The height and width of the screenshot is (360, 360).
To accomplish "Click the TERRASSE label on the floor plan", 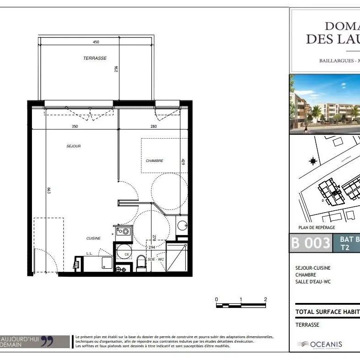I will (x=95, y=58).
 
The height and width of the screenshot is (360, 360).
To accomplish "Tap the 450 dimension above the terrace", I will (x=96, y=42).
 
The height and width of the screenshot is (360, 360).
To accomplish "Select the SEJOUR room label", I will (x=73, y=146).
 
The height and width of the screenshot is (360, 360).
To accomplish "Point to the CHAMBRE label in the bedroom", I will (x=154, y=161).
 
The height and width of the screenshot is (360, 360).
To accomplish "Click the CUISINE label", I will (x=94, y=238).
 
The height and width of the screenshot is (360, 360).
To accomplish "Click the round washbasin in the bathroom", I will (x=183, y=225).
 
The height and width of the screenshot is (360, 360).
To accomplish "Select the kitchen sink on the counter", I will (x=122, y=231).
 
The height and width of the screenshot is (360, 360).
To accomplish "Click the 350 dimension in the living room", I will (x=75, y=126).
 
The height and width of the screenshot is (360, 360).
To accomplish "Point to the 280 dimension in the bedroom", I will (x=153, y=126).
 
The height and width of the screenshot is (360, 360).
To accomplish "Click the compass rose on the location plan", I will (x=313, y=161).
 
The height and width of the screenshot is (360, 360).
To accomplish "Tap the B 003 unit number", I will (x=311, y=243).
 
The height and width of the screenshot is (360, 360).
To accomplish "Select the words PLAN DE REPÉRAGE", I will (x=317, y=227).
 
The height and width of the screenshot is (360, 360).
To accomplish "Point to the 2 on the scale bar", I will (x=265, y=299).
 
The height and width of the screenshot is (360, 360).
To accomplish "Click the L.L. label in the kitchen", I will (x=90, y=253).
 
